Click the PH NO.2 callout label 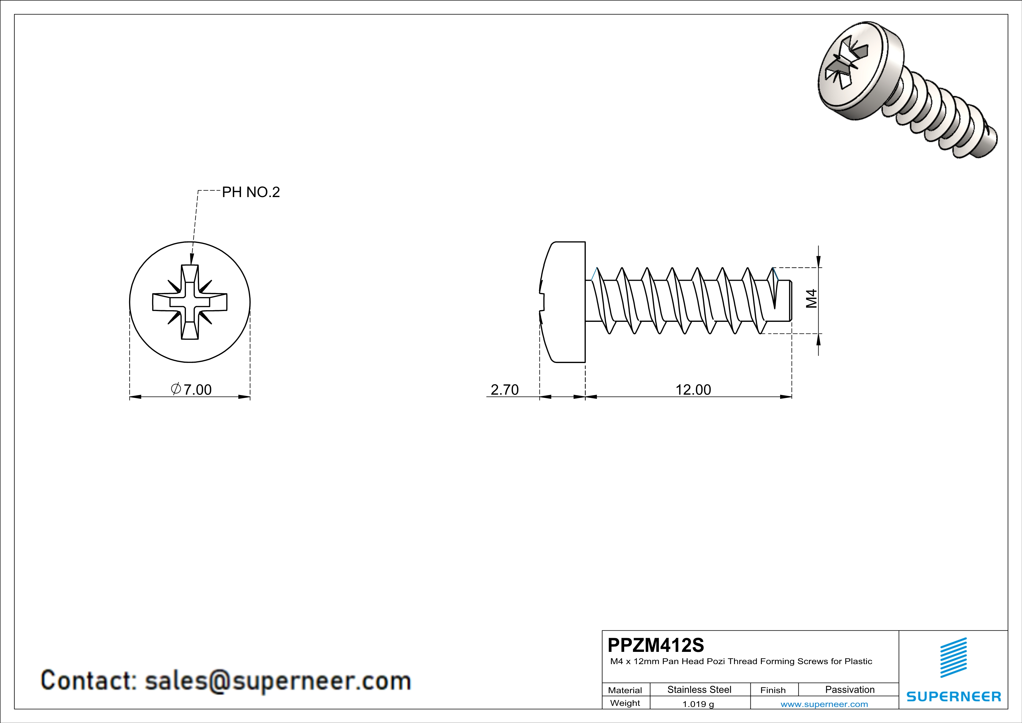pos(251,192)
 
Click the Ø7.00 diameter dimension pos(191,389)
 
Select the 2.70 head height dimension pos(504,389)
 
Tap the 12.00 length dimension pos(693,389)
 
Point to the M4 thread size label pos(812,299)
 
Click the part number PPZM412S pos(656,645)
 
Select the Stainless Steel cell pos(699,689)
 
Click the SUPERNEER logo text pos(954,696)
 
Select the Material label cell pos(625,690)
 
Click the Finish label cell pos(773,690)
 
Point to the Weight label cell pos(625,703)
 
